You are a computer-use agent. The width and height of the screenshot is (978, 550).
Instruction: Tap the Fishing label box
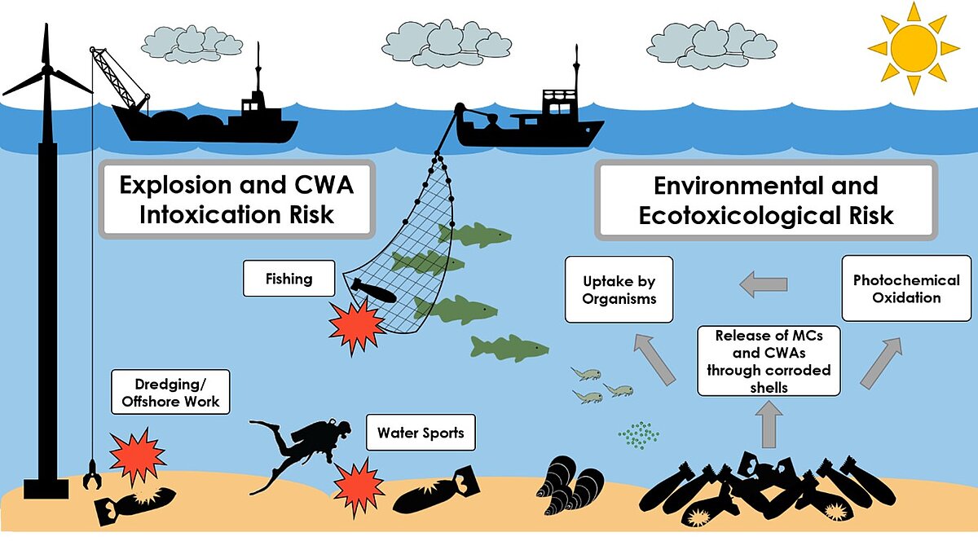(289, 279)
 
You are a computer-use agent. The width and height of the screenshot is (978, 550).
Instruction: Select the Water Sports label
(421, 433)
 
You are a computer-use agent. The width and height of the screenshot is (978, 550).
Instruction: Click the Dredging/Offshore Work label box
(170, 392)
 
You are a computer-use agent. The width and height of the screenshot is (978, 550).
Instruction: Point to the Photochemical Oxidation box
(906, 288)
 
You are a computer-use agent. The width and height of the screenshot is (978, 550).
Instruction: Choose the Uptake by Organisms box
(619, 290)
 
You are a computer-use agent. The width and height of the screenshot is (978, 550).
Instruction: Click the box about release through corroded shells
(769, 361)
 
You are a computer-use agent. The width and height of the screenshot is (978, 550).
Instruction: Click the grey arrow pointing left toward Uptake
(763, 284)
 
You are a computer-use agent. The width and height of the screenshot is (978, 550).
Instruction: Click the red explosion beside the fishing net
(355, 323)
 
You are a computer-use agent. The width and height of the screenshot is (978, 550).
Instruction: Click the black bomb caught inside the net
(370, 289)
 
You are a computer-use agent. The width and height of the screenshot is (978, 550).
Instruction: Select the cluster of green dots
(639, 435)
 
